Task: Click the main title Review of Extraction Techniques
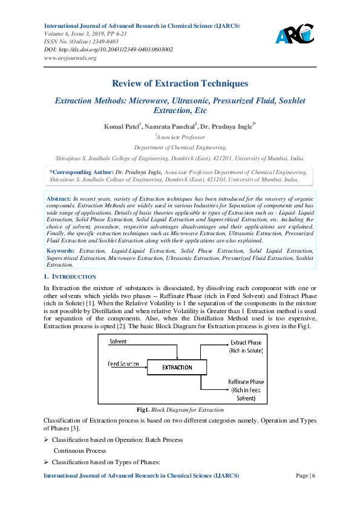(180, 83)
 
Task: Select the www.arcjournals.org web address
(71, 57)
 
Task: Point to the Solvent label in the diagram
(118, 342)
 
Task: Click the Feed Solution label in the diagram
(123, 364)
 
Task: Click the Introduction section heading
(66, 276)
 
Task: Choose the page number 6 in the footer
(313, 476)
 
